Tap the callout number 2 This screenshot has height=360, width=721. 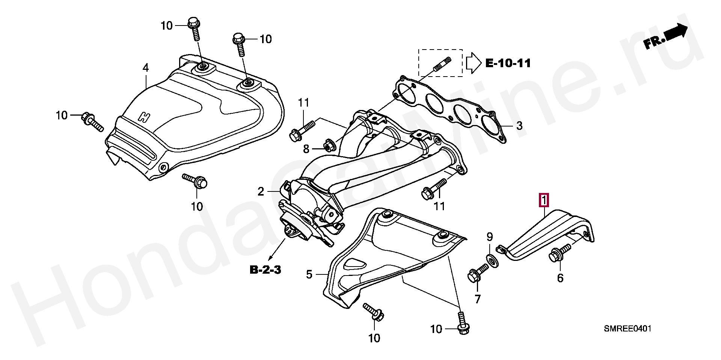(261, 192)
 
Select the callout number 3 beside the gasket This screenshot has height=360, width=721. (519, 126)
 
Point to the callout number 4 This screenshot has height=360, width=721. (145, 68)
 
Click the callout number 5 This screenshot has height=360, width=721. (309, 274)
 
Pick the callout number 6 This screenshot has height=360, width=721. (560, 278)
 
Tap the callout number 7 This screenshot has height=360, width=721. (477, 299)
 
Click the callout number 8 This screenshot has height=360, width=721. (306, 149)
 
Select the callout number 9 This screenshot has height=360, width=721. (489, 237)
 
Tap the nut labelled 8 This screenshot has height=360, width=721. (330, 145)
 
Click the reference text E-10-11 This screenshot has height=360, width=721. (508, 63)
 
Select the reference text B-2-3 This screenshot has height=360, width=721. (265, 270)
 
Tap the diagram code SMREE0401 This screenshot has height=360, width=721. (627, 329)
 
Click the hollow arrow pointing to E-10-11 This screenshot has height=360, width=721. (473, 63)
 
